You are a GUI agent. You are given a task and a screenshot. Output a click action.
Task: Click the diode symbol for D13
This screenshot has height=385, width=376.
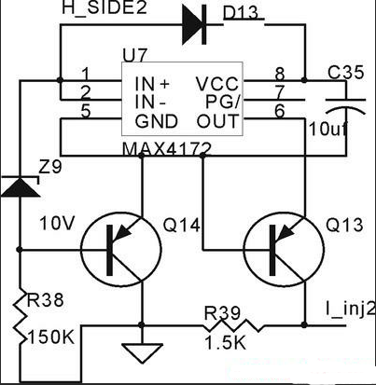(194, 24)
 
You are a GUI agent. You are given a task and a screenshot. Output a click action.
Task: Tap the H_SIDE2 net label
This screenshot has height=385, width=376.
(104, 7)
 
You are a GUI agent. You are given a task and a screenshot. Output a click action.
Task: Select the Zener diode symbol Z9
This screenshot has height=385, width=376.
(20, 186)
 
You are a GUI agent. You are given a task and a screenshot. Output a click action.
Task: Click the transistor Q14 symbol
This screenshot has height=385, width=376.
(121, 250)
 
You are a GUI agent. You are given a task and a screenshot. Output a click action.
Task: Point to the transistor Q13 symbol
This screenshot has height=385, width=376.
(284, 250)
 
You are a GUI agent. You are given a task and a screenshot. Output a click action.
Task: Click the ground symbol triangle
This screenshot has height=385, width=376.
(142, 353)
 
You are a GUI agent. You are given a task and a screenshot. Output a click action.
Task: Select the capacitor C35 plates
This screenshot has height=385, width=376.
(345, 105)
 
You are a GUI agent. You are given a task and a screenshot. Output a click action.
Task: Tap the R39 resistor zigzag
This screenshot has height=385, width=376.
(234, 325)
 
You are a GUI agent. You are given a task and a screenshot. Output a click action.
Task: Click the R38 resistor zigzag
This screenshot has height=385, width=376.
(20, 317)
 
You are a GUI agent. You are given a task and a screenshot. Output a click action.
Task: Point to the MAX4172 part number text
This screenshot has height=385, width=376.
(167, 149)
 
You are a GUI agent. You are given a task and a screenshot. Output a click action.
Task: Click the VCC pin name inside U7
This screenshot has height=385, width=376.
(217, 83)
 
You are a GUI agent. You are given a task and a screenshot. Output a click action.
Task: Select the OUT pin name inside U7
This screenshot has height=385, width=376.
(217, 121)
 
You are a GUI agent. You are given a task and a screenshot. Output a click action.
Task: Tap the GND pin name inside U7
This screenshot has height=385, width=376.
(156, 121)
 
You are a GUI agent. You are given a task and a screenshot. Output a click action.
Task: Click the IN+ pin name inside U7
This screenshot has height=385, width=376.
(152, 83)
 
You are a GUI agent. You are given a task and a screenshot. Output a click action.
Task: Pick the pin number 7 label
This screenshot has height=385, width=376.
(280, 92)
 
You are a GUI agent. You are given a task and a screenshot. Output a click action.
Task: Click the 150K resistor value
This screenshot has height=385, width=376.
(51, 337)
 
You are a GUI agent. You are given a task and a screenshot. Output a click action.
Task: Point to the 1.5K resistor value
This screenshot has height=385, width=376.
(226, 343)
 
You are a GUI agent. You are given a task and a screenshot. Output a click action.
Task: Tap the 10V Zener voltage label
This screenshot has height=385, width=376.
(57, 223)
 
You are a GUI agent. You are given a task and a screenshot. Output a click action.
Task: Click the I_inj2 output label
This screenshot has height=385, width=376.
(350, 310)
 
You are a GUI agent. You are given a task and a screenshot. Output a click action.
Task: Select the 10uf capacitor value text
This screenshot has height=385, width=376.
(327, 130)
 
